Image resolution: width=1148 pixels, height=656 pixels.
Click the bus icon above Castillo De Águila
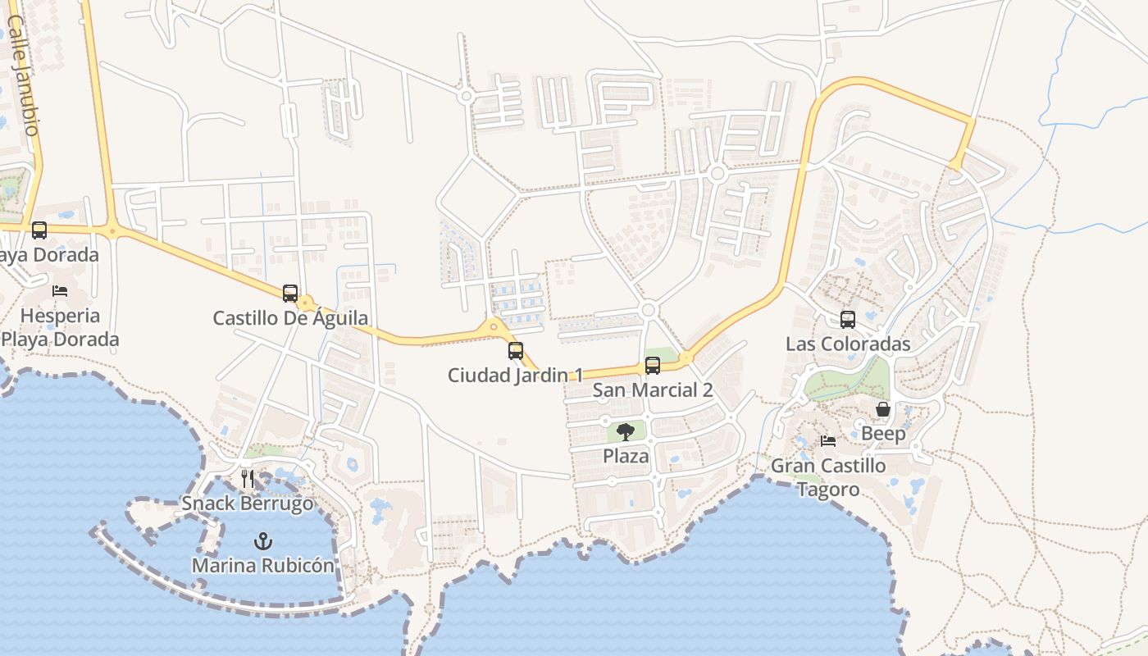pos(290,293)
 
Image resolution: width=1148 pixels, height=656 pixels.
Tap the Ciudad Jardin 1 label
pos(515,376)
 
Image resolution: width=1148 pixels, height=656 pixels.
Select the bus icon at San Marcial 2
pos(653,366)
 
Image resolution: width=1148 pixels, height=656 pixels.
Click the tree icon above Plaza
pos(626,431)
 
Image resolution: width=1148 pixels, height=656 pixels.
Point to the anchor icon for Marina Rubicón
pos(263,541)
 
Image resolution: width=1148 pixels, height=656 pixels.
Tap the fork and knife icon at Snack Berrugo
pos(248,478)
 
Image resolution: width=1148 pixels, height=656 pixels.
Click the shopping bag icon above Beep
pos(883,408)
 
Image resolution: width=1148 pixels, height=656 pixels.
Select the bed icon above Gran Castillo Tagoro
pos(828,441)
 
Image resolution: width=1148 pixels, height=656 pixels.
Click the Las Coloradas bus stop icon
pos(848,320)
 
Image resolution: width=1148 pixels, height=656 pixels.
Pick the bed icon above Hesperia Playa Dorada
pos(60,290)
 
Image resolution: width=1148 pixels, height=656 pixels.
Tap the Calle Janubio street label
pos(22,74)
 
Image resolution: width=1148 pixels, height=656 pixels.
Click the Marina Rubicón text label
pos(263,566)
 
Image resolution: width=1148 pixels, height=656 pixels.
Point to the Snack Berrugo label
pos(248,503)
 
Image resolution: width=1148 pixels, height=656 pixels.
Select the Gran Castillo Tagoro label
pos(828,477)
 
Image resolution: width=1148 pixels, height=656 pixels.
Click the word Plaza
pos(626,457)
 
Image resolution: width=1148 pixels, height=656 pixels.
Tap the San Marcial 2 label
pos(653,390)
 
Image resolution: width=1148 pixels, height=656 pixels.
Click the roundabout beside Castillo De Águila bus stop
pos(307,303)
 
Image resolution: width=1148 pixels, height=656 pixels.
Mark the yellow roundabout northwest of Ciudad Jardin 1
pos(494,327)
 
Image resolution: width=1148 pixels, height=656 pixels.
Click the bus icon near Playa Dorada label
pos(39,230)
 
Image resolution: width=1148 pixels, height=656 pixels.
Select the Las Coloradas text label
pos(848,344)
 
